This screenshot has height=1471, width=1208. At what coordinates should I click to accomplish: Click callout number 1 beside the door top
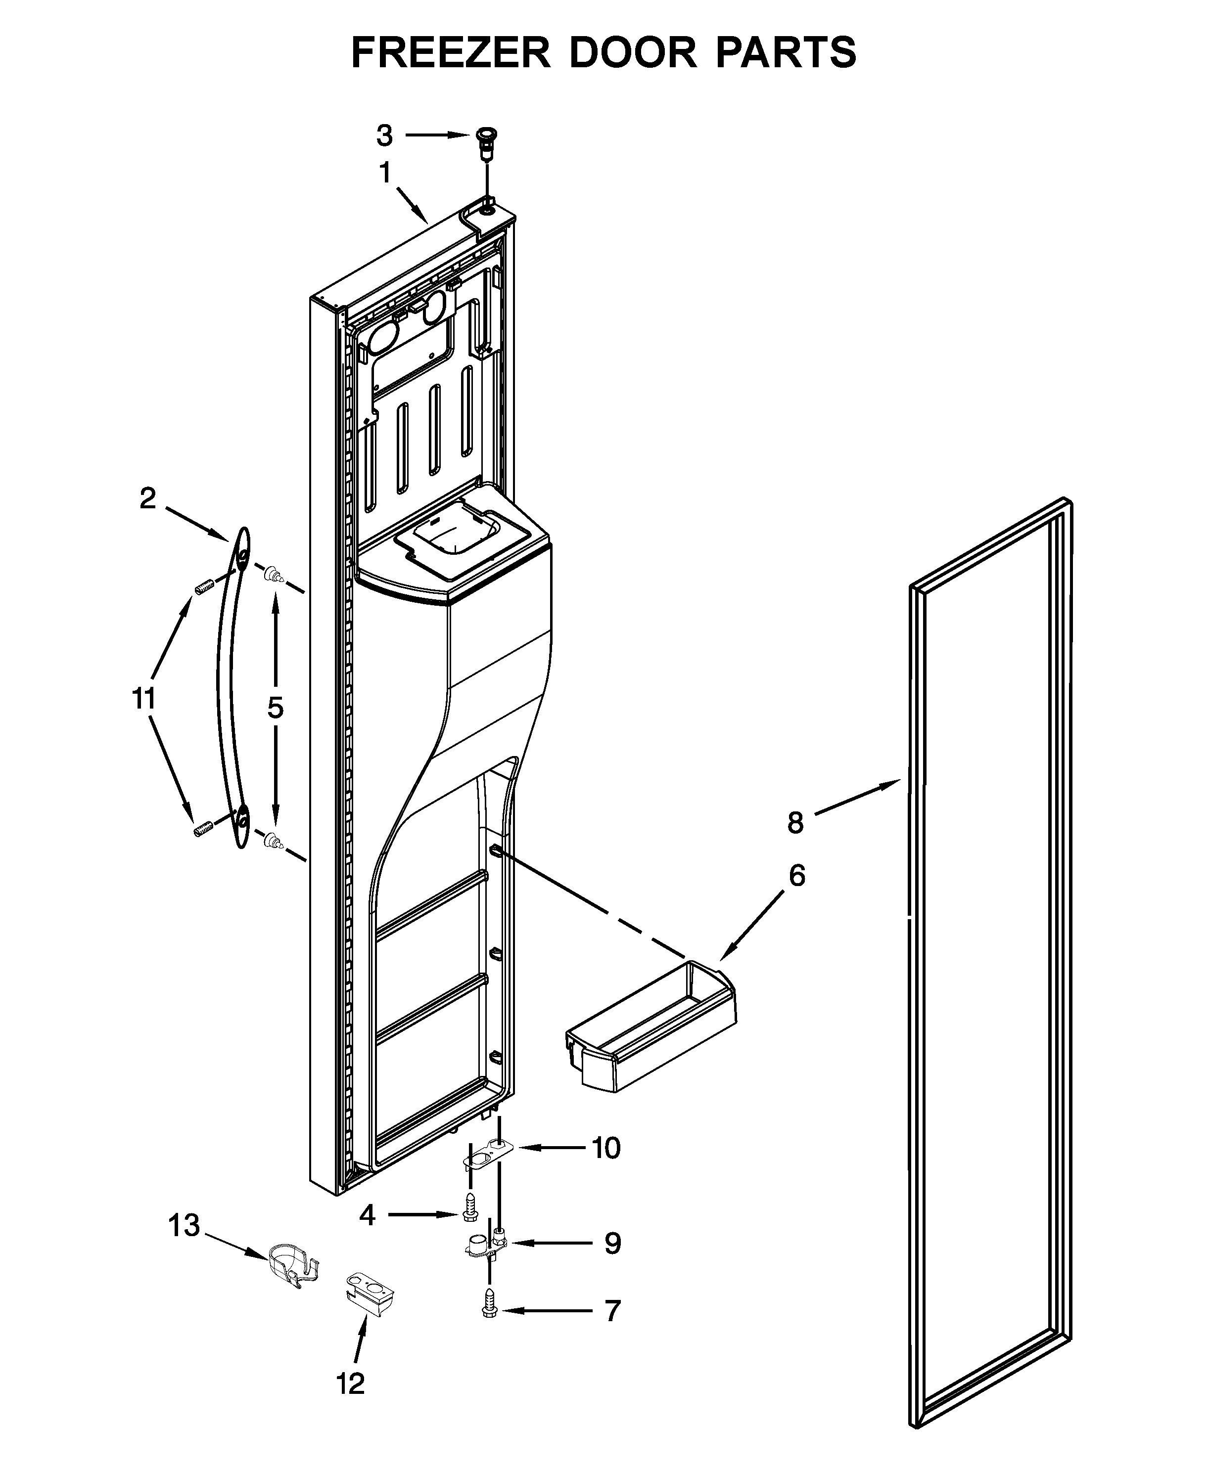click(385, 173)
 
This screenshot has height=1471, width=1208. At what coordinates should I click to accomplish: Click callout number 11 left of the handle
click(144, 698)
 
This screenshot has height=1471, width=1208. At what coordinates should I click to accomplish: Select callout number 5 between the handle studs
click(276, 708)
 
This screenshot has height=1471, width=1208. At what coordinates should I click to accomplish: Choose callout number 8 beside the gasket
click(795, 823)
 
